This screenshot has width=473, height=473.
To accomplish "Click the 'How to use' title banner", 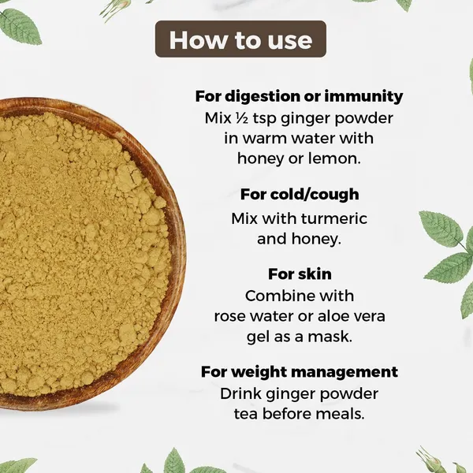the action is pos(240,39).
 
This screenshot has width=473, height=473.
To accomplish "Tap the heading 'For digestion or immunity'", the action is pos(299,96).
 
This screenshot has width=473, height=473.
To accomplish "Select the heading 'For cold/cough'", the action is pos(300,194).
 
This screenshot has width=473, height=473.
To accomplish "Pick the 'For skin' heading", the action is pos(300,274).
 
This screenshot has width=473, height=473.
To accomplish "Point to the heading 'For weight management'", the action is pos(300,372).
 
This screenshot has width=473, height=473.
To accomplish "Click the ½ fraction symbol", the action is pos(242,118).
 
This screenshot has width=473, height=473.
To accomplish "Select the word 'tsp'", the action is pos(265,118).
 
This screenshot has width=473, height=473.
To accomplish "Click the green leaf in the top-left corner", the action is pos(19,27).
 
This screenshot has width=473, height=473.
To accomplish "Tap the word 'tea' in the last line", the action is pos(246,414).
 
